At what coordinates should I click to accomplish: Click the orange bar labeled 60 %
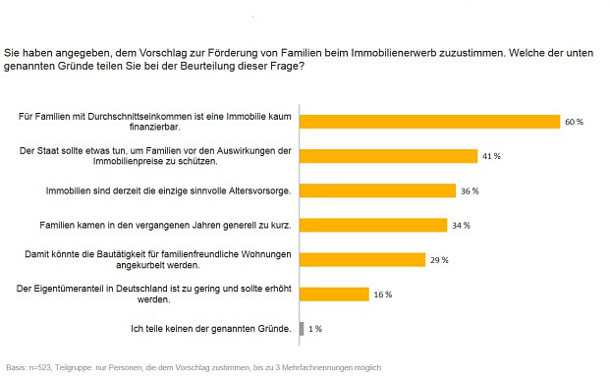click(x=429, y=122)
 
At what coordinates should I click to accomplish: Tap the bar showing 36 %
click(x=377, y=190)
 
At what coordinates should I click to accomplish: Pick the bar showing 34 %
click(x=373, y=225)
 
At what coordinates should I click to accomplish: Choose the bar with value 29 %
click(x=362, y=260)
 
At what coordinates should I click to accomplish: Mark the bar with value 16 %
click(x=334, y=295)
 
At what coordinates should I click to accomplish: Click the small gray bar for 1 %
click(x=302, y=329)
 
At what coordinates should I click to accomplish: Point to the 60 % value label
click(x=575, y=122)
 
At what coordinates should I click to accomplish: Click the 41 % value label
click(x=491, y=156)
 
